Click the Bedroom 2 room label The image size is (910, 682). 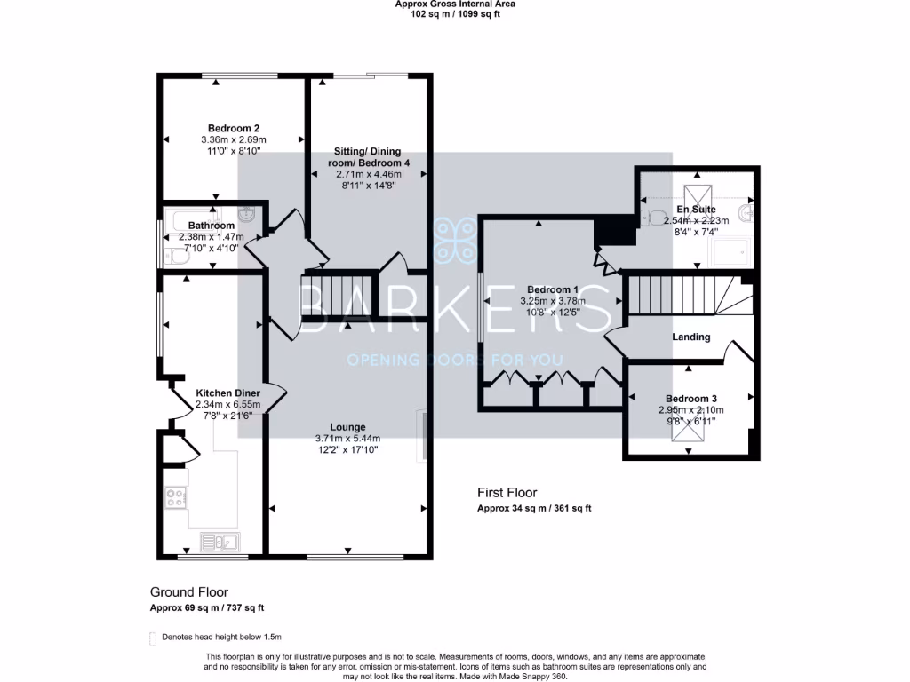point(234,128)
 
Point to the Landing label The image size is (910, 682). point(690,337)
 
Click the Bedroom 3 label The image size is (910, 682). point(690,399)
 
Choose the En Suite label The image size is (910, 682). point(696,210)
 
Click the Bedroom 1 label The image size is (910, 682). point(552,289)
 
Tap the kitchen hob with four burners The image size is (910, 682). point(176,498)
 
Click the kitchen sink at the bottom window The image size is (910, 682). point(218,541)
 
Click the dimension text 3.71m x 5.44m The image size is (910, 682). point(347,439)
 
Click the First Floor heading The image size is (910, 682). point(507,493)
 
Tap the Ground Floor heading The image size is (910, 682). point(188,592)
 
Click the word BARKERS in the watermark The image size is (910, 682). point(454,307)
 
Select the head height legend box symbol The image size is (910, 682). point(154,637)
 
